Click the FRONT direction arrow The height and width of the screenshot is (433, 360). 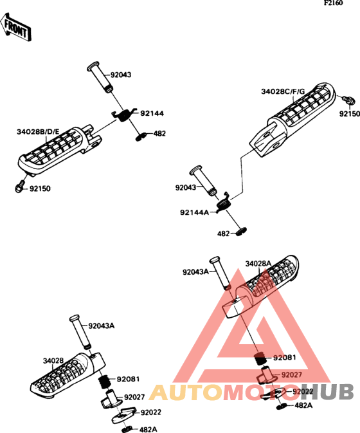click(15, 28)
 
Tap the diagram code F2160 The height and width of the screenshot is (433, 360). click(334, 3)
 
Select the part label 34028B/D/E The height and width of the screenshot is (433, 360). click(38, 132)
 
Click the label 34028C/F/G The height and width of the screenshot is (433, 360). click(283, 91)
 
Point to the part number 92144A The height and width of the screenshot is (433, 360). click(195, 212)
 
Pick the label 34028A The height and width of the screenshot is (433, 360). click(258, 264)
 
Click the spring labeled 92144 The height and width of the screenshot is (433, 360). click(124, 114)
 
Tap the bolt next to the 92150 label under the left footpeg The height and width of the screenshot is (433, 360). click(19, 187)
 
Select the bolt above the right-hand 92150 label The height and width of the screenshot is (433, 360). click(348, 100)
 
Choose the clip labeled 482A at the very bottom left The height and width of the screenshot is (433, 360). click(127, 429)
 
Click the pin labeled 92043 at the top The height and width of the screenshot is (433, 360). click(100, 77)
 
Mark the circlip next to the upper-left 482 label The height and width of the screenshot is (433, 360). click(141, 136)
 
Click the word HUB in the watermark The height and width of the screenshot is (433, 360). click(327, 391)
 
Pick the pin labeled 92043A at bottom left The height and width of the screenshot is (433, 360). click(80, 332)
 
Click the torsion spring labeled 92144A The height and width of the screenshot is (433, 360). click(224, 203)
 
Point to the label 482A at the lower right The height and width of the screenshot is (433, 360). click(303, 405)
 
